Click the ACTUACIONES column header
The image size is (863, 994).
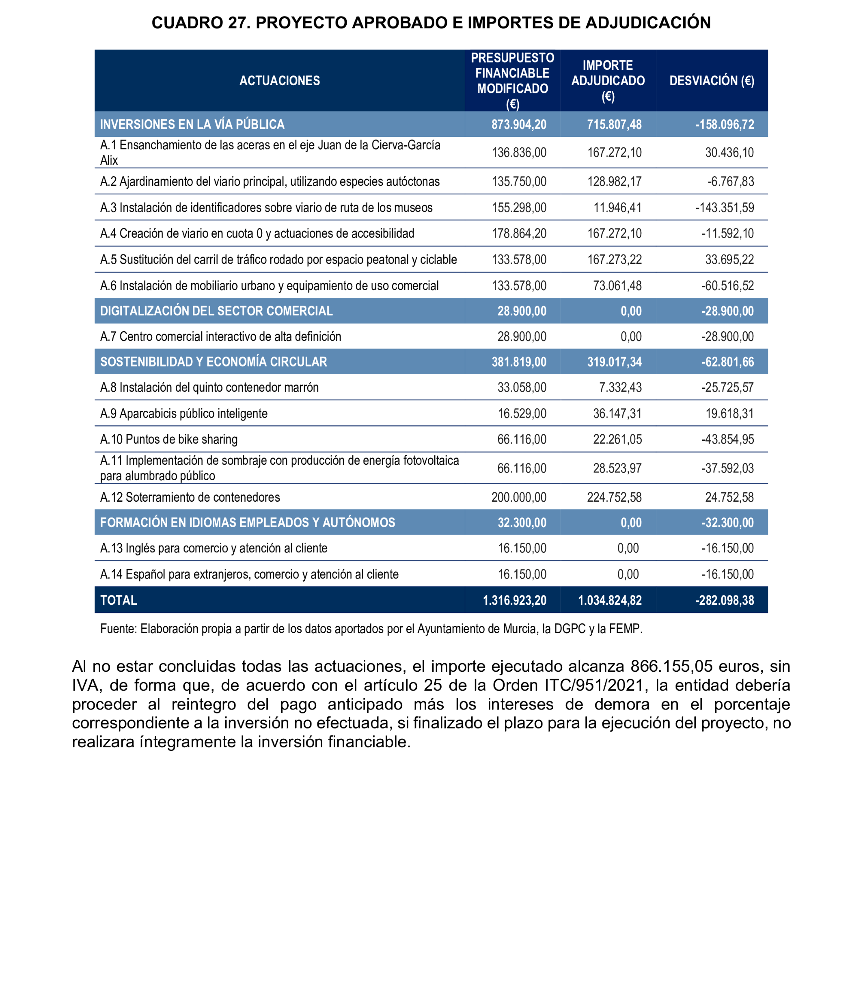[x=279, y=80]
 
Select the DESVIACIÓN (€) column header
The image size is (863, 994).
[x=711, y=80]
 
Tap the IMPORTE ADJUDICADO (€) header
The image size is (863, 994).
[x=608, y=80]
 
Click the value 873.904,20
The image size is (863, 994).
[x=519, y=124]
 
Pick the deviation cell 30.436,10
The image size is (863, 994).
[x=729, y=153]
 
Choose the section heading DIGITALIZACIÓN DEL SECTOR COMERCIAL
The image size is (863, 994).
[x=216, y=310]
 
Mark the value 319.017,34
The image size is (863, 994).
[x=614, y=362]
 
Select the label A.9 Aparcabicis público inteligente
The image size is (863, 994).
[x=183, y=413]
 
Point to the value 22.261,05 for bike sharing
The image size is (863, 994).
[x=617, y=439]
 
